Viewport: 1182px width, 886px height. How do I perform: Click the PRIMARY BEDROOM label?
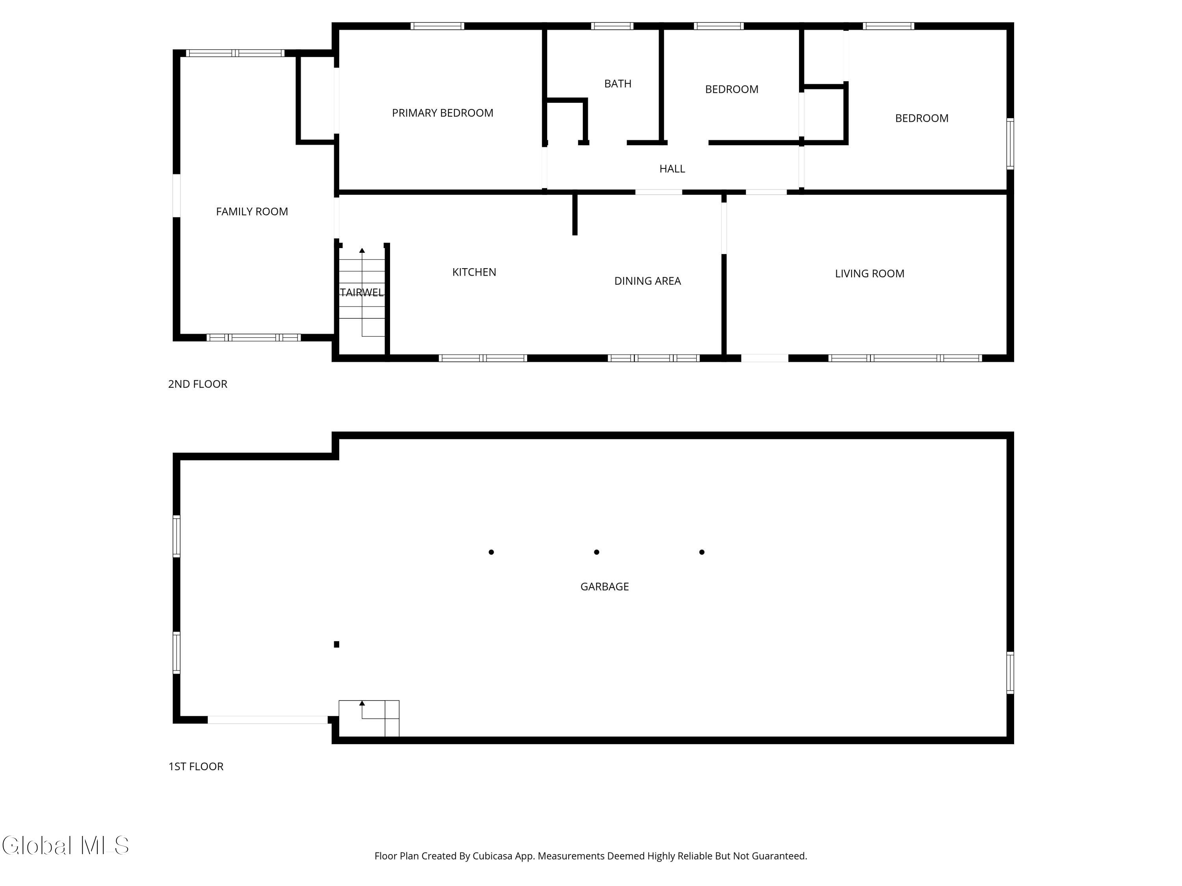point(442,113)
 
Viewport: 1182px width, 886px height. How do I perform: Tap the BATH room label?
point(618,84)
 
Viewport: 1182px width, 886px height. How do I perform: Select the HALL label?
point(672,169)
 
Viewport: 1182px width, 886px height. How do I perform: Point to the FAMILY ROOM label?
point(252,211)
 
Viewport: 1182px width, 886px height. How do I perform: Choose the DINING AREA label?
point(647,281)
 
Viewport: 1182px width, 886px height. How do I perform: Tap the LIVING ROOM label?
point(870,273)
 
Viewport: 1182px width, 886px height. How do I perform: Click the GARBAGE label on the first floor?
point(604,586)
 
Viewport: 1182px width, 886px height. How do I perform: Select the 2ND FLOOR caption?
point(198,384)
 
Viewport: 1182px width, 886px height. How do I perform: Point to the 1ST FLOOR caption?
point(195,766)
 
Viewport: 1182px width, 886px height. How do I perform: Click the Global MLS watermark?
point(65,845)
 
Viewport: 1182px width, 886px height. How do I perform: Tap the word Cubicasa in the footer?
point(492,856)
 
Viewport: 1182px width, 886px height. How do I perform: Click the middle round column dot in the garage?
point(597,552)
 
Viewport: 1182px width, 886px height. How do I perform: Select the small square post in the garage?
point(336,645)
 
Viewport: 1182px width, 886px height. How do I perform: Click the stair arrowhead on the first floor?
point(362,703)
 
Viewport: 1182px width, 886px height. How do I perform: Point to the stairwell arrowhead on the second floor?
point(362,250)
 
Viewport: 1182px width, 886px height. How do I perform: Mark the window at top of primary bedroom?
point(437,26)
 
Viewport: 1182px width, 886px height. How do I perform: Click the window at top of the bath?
point(612,26)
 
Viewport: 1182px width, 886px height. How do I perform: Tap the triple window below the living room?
point(905,358)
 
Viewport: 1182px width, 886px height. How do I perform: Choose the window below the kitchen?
point(483,358)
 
